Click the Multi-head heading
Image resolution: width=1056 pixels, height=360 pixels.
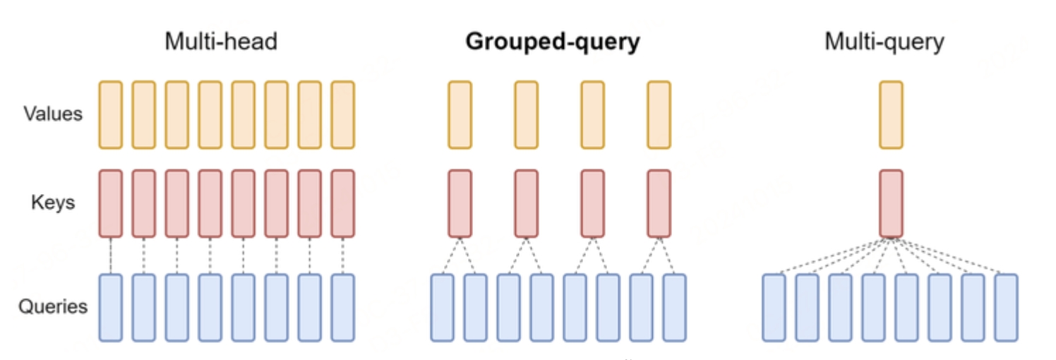(221, 42)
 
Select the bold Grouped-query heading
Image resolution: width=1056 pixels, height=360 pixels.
(552, 42)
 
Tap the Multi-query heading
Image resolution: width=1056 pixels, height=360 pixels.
(884, 42)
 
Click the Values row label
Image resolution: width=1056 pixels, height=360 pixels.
(53, 114)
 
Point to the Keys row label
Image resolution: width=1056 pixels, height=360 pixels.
(53, 203)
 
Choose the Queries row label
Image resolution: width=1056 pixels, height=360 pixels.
(53, 307)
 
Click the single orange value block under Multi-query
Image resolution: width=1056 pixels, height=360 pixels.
(891, 114)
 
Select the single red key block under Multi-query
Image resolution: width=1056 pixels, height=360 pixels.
(891, 203)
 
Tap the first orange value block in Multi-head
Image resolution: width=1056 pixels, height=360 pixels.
(111, 114)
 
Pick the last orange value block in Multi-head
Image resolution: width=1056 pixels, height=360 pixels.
(342, 114)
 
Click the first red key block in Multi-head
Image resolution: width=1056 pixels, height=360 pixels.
(111, 203)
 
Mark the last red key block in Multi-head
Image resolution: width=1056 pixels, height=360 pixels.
(342, 203)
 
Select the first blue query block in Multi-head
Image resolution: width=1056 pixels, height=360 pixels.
(111, 308)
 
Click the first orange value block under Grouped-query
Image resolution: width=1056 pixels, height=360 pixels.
(460, 114)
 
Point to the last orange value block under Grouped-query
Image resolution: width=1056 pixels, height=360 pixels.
(659, 114)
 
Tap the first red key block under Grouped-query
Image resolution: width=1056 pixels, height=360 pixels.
(460, 203)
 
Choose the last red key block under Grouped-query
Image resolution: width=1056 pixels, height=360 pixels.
(659, 203)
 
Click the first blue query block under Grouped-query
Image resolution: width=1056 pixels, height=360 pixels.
(443, 308)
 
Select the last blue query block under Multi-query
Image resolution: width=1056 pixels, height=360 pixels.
(1006, 308)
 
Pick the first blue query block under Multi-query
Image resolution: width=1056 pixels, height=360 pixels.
(774, 308)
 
